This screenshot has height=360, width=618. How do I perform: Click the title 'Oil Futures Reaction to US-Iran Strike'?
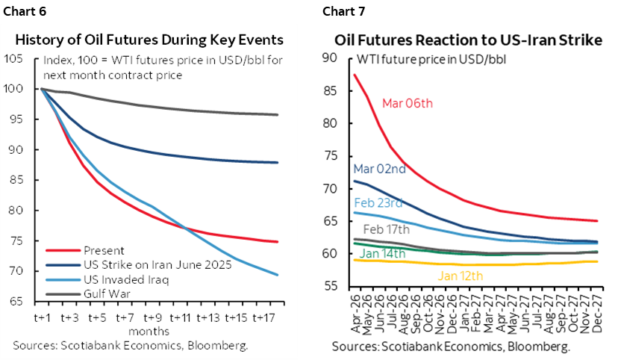click(x=468, y=40)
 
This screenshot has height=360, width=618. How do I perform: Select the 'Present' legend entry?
click(x=104, y=251)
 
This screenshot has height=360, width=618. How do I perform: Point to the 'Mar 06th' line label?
click(x=407, y=103)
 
